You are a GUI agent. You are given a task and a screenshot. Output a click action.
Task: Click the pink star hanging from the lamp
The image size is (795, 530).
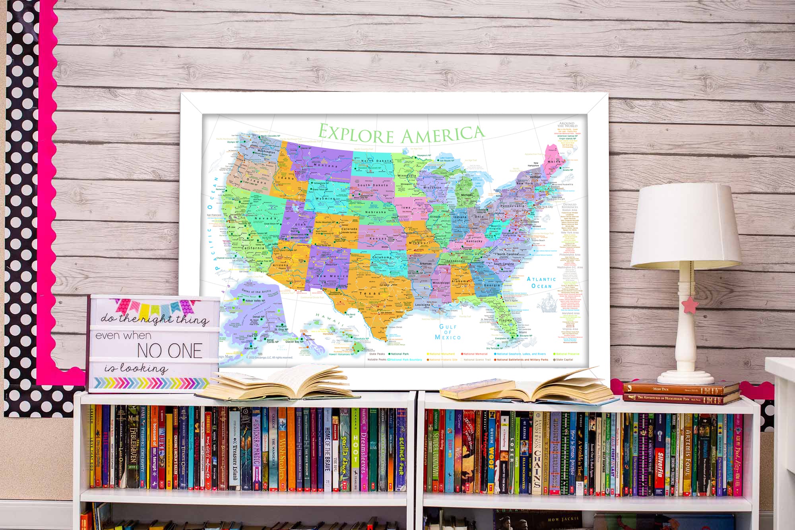(x=690, y=305)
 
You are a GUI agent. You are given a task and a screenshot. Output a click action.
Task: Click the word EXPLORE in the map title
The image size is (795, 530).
(x=356, y=134)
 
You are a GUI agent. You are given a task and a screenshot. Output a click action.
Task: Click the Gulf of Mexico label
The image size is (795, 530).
(x=448, y=332)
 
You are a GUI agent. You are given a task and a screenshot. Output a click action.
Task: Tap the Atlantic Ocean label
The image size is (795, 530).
(x=541, y=282)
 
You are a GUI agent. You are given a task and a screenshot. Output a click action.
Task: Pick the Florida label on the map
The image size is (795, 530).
(x=505, y=320)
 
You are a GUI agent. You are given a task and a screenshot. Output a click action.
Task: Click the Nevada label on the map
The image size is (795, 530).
(x=265, y=218)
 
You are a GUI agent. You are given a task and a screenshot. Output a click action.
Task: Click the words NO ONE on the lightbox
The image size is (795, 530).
(x=169, y=351)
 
